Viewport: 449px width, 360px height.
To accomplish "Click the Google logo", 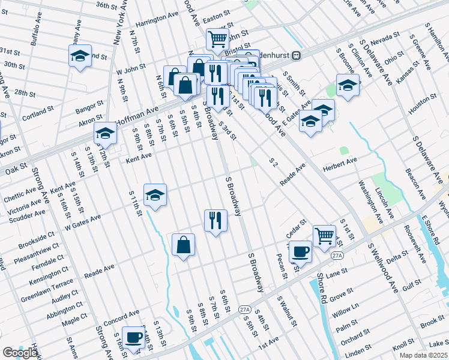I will pos(20,353).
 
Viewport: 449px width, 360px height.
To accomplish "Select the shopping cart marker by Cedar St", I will pos(324,235).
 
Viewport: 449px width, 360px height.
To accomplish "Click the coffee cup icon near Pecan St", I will pos(300,251).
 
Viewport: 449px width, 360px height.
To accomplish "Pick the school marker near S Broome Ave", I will pos(347,85).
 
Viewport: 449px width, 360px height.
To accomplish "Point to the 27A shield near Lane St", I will pos(337,256).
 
